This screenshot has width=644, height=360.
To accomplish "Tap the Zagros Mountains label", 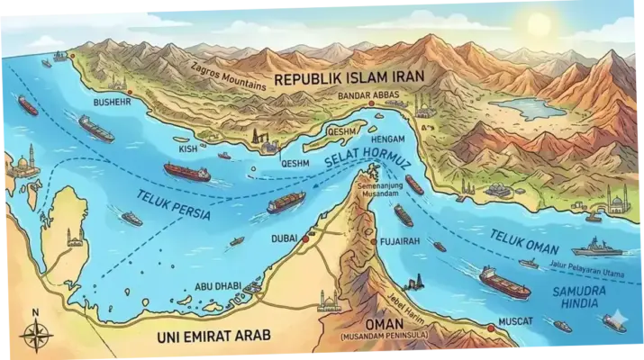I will [231, 76].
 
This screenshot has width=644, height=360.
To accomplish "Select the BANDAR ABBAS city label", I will [372, 94].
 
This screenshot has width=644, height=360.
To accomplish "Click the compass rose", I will [35, 335].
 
